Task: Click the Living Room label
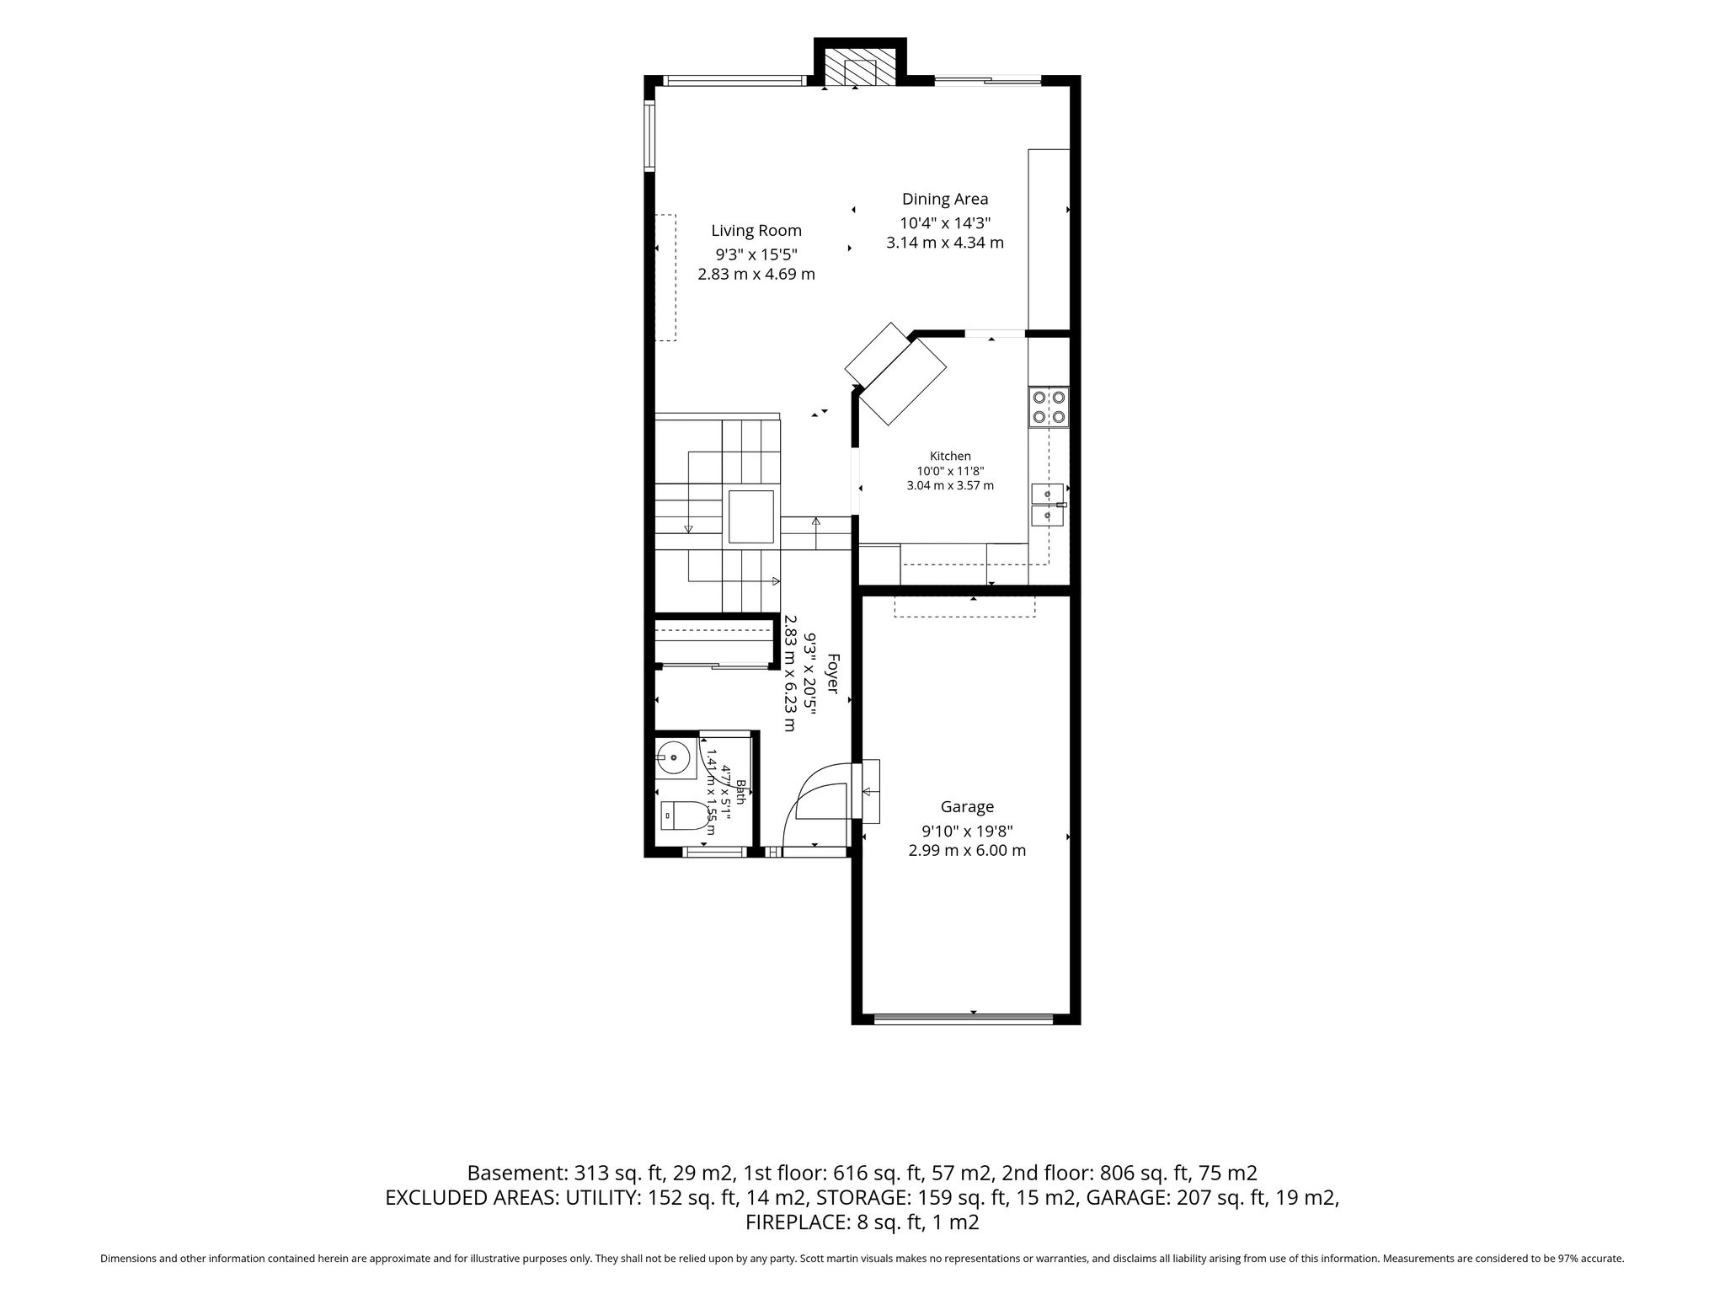tap(756, 231)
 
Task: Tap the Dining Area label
tap(945, 200)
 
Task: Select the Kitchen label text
tap(950, 456)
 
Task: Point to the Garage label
tap(967, 807)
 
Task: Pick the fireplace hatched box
tap(861, 67)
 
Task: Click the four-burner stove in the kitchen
tap(1049, 406)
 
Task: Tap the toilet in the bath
tap(684, 815)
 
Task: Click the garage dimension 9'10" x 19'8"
tap(967, 831)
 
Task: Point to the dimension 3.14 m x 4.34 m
tap(945, 243)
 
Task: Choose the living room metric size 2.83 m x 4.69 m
tap(756, 274)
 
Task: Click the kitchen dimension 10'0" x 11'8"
tap(950, 471)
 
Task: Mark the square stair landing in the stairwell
tap(750, 516)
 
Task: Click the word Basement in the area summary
tap(517, 1173)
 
